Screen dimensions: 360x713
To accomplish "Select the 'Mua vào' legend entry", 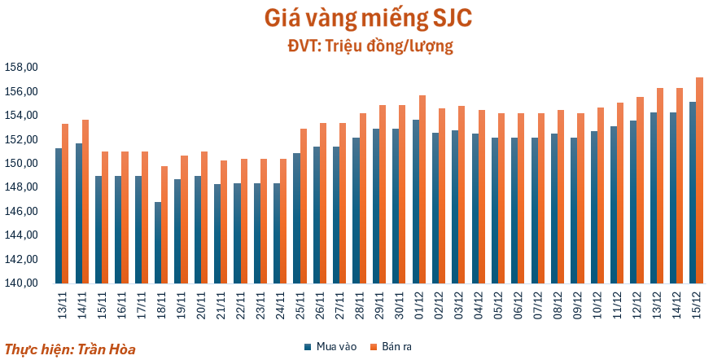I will [331, 347].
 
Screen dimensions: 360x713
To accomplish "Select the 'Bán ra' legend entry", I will [391, 347].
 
